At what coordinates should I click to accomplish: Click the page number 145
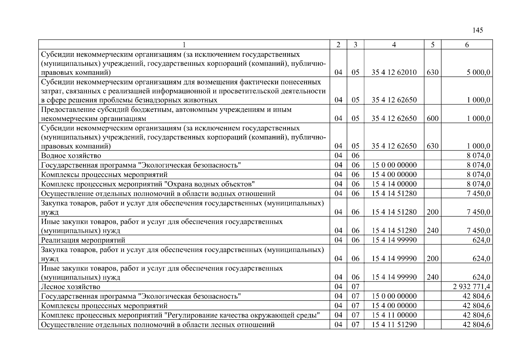478,30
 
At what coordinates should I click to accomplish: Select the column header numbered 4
394,45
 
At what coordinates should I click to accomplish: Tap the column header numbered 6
467,45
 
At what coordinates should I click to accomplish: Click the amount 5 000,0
478,72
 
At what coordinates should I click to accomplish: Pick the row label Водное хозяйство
71,156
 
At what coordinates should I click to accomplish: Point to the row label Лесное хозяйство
70,287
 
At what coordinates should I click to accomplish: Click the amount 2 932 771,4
472,287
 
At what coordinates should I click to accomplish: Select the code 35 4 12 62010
394,72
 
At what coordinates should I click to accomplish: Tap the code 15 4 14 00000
394,184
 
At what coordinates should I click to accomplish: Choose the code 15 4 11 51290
394,325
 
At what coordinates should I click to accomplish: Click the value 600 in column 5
433,118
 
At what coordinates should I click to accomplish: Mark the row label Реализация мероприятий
83,240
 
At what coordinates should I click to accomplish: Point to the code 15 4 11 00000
394,315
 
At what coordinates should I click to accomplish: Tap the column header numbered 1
184,45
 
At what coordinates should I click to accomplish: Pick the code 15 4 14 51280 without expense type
394,193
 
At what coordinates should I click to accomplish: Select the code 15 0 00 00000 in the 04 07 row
394,296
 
